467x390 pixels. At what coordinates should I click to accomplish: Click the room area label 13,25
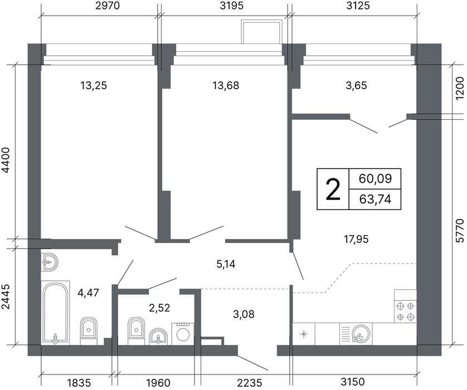94,86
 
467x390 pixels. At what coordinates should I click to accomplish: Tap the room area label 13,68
226,86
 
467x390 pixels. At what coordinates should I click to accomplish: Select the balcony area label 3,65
356,86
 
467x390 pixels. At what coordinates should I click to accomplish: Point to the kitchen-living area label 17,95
357,239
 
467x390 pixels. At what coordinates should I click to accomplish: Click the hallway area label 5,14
226,264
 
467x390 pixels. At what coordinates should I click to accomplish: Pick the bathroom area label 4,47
88,292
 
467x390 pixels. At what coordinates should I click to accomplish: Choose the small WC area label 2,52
159,308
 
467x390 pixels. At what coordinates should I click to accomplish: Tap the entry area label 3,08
244,314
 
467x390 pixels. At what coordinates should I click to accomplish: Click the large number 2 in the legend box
333,189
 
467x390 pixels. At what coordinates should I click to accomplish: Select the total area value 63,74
375,199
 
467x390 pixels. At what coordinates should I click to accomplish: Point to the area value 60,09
375,179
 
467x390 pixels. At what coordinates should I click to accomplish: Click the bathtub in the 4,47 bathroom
55,313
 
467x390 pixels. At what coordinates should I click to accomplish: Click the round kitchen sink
361,333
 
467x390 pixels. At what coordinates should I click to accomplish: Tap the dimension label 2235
250,382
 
